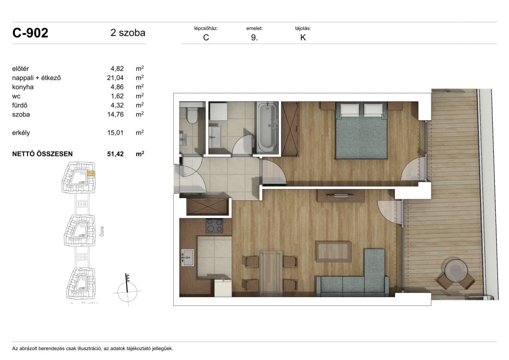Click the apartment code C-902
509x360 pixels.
[30, 33]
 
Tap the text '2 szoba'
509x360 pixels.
[128, 33]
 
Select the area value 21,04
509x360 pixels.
[115, 78]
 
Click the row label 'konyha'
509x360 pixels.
[23, 87]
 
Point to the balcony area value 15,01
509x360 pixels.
[115, 133]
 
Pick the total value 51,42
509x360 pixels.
[115, 154]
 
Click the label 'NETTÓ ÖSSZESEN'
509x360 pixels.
[43, 154]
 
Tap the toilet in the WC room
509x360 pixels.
[193, 115]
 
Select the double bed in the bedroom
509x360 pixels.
[361, 130]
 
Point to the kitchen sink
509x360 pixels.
[188, 257]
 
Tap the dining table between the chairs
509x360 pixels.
[271, 272]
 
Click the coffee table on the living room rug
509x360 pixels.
[333, 251]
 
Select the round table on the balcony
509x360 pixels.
[456, 270]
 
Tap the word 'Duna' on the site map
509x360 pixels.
[102, 231]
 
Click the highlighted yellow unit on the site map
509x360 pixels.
[91, 173]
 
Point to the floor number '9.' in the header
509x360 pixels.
[255, 37]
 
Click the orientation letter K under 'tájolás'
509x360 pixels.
[303, 37]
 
